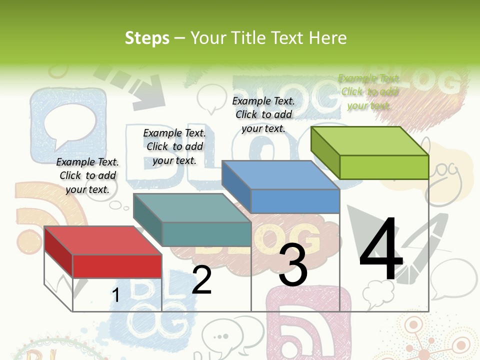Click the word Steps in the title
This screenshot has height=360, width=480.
pyautogui.click(x=147, y=38)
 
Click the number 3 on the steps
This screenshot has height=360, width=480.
pyautogui.click(x=293, y=265)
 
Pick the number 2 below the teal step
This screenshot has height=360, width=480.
pyautogui.click(x=201, y=280)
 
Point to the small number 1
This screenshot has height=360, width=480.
pyautogui.click(x=115, y=295)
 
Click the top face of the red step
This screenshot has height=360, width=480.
pyautogui.click(x=102, y=240)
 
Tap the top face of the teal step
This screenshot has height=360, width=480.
pyautogui.click(x=192, y=207)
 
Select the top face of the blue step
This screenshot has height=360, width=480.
pyautogui.click(x=280, y=175)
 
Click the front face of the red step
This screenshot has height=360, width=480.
pyautogui.click(x=117, y=266)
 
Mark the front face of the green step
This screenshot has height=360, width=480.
pyautogui.click(x=384, y=167)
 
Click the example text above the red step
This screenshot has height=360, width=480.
pyautogui.click(x=87, y=175)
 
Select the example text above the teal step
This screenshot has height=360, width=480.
pyautogui.click(x=174, y=146)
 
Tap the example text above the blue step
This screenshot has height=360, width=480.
pyautogui.click(x=263, y=114)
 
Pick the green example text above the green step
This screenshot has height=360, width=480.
pyautogui.click(x=368, y=91)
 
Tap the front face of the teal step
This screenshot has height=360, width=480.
pyautogui.click(x=206, y=234)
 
